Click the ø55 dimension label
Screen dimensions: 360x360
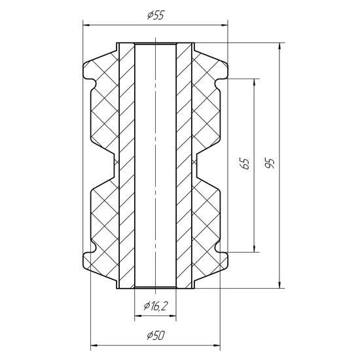click(156, 16)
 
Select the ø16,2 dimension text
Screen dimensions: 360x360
click(156, 306)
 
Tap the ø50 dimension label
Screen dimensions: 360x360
click(156, 336)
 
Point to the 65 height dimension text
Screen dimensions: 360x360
click(245, 164)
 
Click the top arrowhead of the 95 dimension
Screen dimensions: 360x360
click(279, 46)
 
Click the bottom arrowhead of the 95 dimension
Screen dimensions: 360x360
click(279, 285)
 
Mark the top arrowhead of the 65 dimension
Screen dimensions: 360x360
click(254, 82)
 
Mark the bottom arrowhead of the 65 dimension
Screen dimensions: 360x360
click(254, 249)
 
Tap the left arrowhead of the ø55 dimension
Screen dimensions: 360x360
click(86, 26)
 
